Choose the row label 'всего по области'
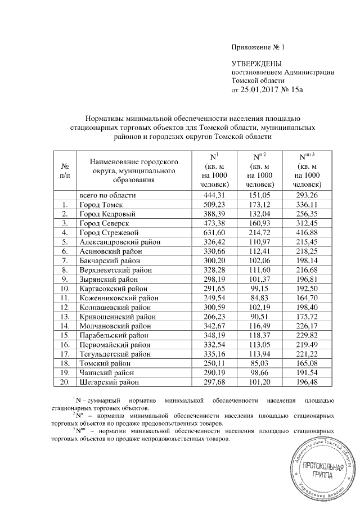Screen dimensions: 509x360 point(107,196)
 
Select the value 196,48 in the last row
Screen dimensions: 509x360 point(308,381)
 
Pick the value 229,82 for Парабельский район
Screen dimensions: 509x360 point(308,335)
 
